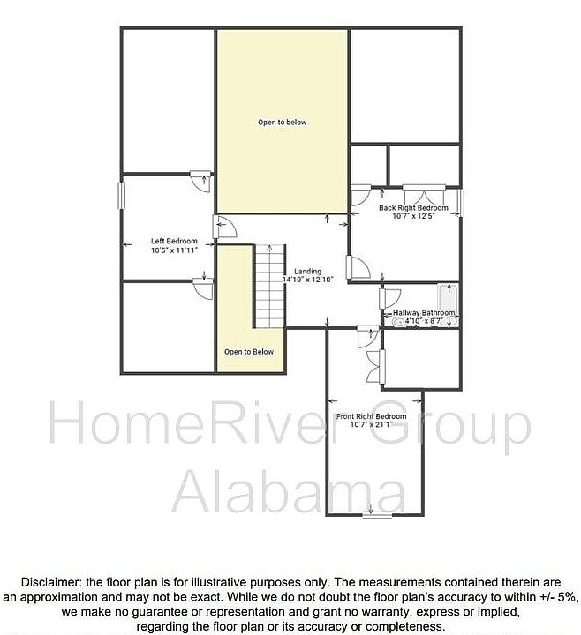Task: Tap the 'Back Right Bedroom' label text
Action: click(413, 208)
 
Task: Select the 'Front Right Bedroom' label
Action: click(371, 416)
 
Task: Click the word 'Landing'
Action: click(307, 271)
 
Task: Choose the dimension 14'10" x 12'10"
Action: click(307, 280)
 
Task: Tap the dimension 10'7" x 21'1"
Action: click(371, 425)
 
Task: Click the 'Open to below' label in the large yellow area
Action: click(282, 123)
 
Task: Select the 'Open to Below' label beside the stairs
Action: click(248, 352)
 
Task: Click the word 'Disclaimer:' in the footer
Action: click(49, 582)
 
